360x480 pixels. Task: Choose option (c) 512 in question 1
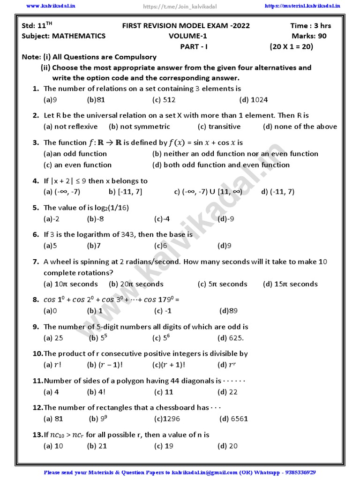(164, 100)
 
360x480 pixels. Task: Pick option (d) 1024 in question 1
(253, 100)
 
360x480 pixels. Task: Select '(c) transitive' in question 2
(219, 127)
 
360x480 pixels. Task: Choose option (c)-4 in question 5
(162, 218)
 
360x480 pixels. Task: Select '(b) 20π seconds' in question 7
(136, 284)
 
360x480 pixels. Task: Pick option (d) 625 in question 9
(231, 337)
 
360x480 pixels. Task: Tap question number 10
(37, 354)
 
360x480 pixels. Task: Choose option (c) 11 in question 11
(164, 392)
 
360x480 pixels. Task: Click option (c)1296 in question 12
(167, 419)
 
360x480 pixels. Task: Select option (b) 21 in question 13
(97, 446)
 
